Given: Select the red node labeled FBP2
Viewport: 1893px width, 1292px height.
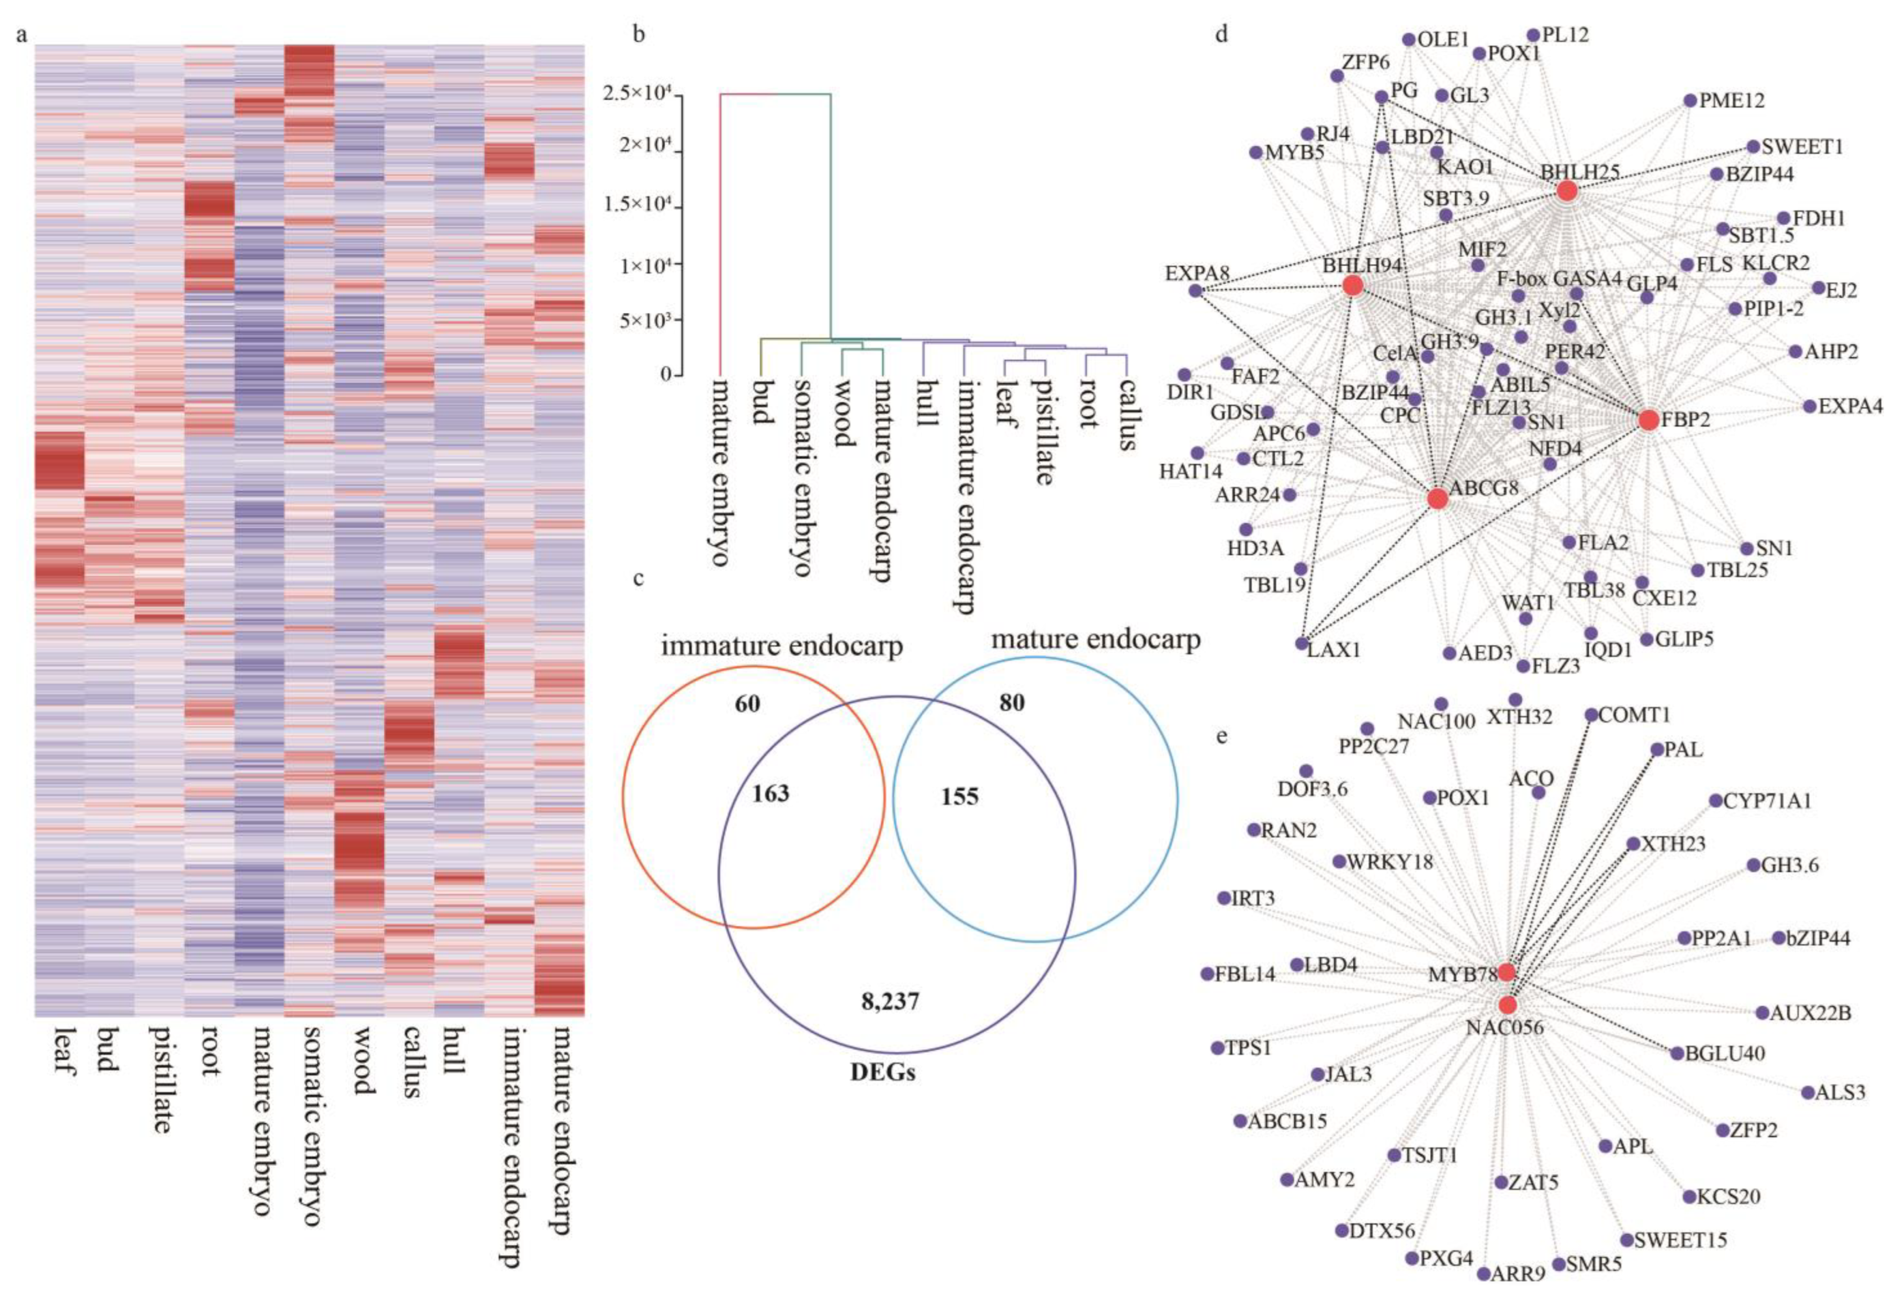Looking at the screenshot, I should coord(1649,420).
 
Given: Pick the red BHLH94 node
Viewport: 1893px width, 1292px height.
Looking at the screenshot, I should coord(1352,285).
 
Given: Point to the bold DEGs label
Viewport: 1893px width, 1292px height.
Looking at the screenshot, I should coord(883,1072).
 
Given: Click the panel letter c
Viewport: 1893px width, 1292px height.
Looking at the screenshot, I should coord(639,578).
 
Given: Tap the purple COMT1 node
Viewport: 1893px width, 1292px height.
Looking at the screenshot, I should coord(1591,714).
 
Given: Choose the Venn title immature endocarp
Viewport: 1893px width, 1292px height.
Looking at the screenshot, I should coord(781,646).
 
